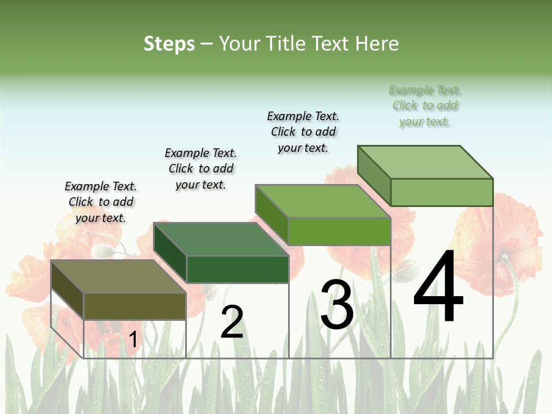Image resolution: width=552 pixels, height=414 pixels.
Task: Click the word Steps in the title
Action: (x=169, y=44)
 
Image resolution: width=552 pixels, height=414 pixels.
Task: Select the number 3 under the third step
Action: (x=337, y=305)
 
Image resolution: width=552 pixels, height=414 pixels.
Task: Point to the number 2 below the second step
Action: (x=232, y=322)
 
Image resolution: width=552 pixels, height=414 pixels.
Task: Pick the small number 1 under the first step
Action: (x=133, y=340)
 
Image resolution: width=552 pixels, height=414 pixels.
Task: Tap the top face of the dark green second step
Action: (x=221, y=239)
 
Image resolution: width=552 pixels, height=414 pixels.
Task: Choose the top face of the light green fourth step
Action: (x=426, y=162)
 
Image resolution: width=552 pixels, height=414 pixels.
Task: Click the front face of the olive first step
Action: (x=135, y=306)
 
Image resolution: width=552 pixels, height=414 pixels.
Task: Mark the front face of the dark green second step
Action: (x=237, y=269)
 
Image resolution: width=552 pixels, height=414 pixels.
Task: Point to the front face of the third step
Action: (x=340, y=231)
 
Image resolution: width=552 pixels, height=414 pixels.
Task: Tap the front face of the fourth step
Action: (x=442, y=192)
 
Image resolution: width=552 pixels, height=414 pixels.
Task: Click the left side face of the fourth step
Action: (x=374, y=175)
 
